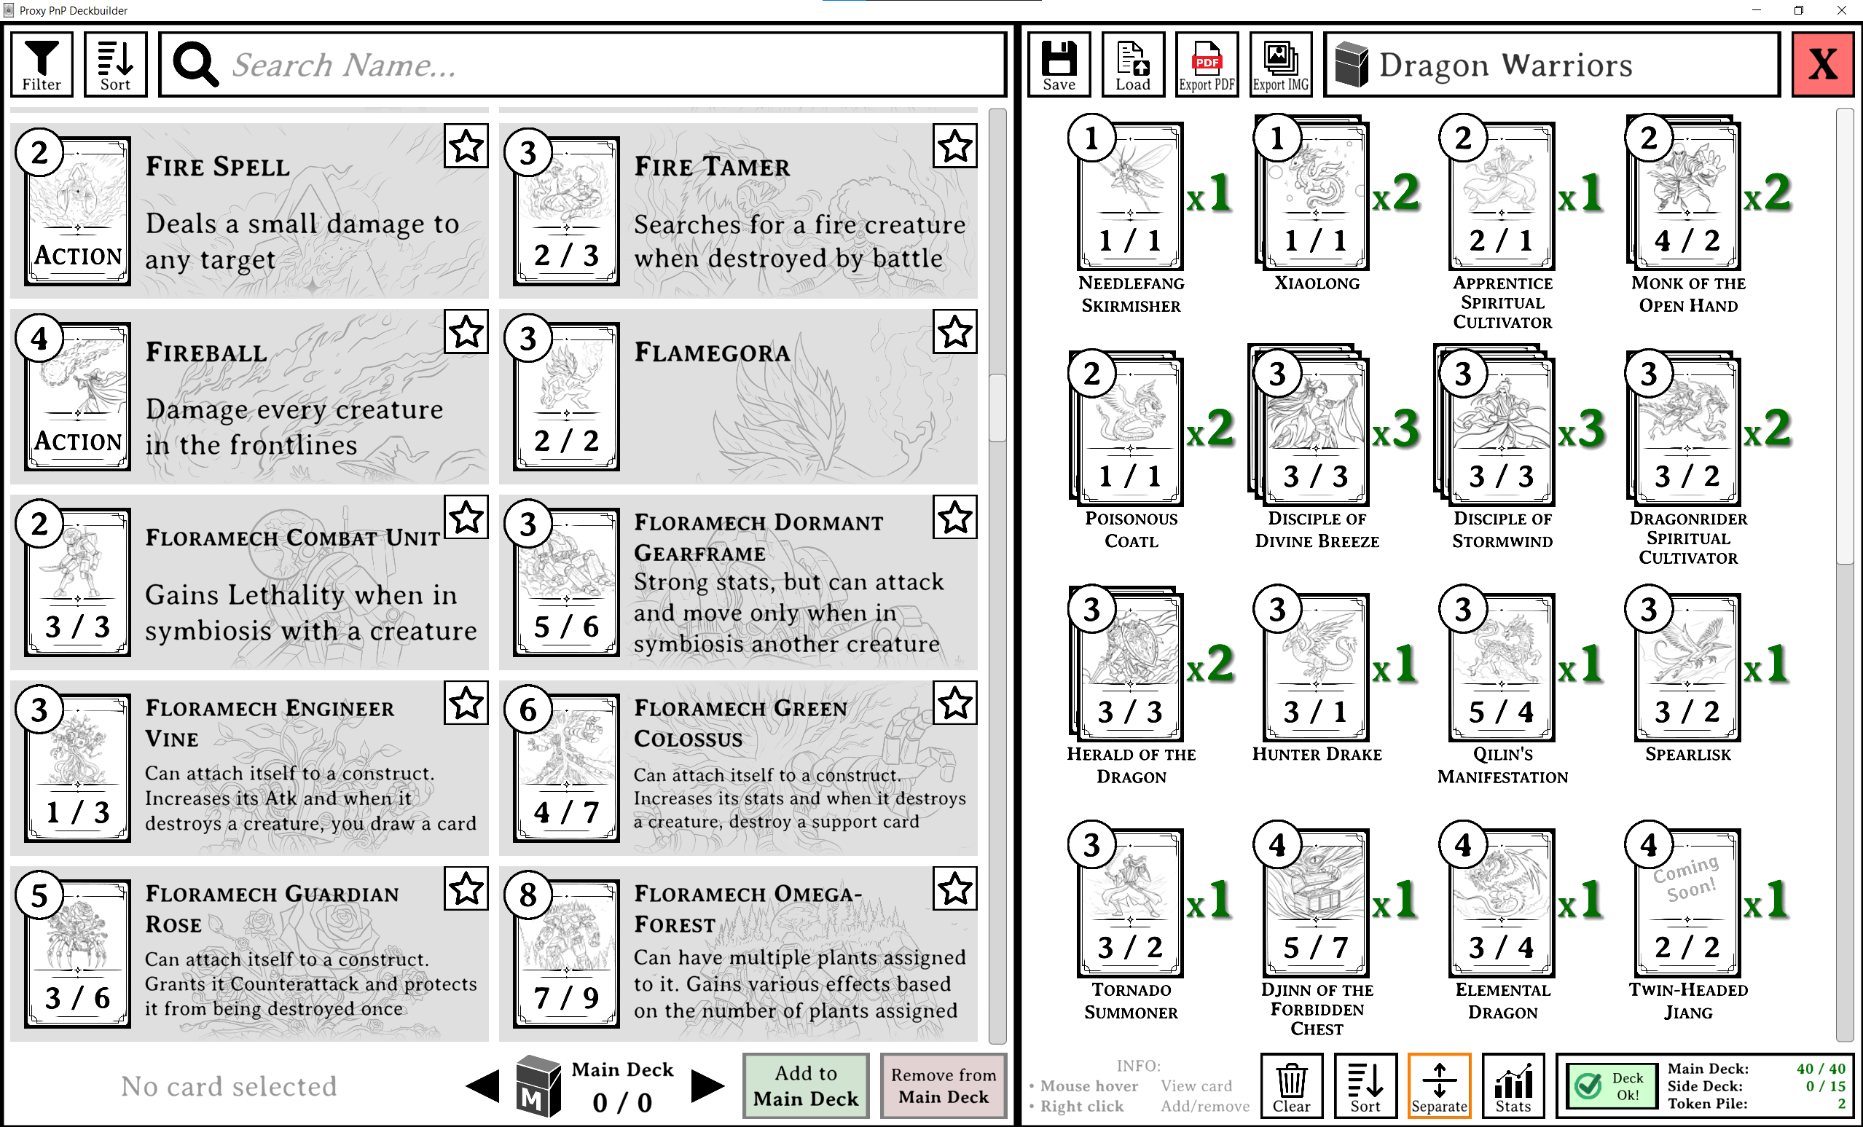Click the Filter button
(42, 64)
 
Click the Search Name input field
(582, 65)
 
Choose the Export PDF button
(1207, 64)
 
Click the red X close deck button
(1822, 64)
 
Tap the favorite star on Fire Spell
(466, 146)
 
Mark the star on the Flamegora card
(955, 331)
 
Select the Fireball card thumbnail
(78, 397)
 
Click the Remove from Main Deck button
(943, 1085)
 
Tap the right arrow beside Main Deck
(707, 1086)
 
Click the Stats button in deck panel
(1513, 1085)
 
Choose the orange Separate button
(1439, 1085)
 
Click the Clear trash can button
(1291, 1085)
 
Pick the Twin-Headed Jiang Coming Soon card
(1687, 903)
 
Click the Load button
(1133, 64)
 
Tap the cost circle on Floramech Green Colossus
(527, 710)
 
